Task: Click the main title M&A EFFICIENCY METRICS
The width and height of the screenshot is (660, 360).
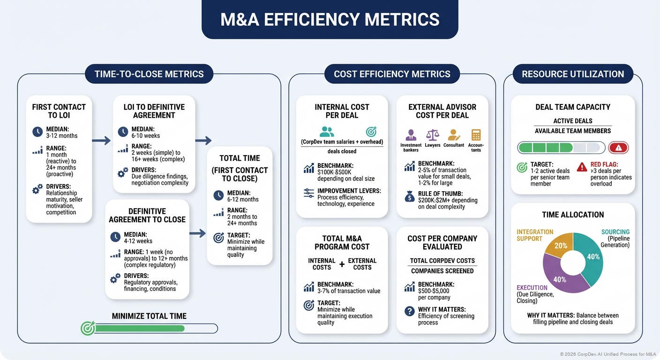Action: (x=330, y=19)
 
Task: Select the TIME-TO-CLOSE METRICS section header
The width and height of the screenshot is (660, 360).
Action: (x=149, y=74)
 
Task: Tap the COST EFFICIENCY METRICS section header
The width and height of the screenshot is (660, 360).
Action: (x=392, y=74)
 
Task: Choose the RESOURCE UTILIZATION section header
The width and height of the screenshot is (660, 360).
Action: (x=573, y=74)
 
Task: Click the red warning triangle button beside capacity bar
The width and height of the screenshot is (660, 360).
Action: (x=618, y=148)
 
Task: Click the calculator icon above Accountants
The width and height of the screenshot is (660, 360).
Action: (x=476, y=135)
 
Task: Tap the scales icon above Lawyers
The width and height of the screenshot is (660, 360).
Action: (x=432, y=135)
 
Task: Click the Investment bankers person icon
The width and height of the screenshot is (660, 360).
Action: (x=411, y=135)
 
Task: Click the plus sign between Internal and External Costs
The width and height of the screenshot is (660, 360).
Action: (x=342, y=264)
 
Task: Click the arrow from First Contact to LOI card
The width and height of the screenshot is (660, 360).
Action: (x=101, y=140)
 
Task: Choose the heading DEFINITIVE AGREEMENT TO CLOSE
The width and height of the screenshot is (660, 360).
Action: (x=147, y=215)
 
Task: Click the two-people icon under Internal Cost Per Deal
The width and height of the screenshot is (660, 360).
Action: (x=327, y=132)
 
